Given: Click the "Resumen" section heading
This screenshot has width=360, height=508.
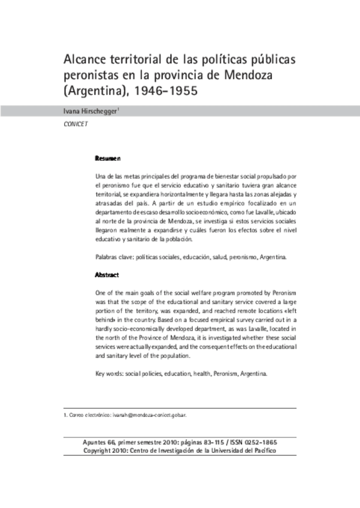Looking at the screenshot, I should (108, 159).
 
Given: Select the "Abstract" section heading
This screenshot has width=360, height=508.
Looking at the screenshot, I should (107, 275).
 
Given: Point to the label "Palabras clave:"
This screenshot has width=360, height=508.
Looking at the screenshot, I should (114, 257).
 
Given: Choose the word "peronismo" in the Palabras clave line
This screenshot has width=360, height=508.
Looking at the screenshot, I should (230, 257).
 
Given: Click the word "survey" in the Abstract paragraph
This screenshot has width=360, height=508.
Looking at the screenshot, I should (234, 321).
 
